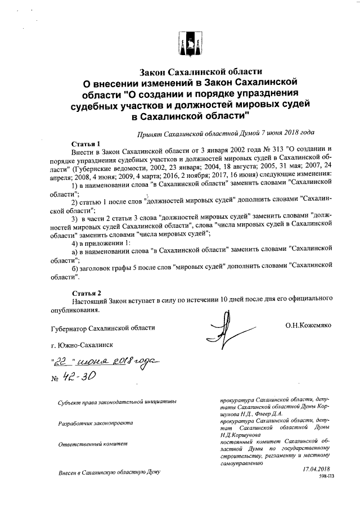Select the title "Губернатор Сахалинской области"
102,327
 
